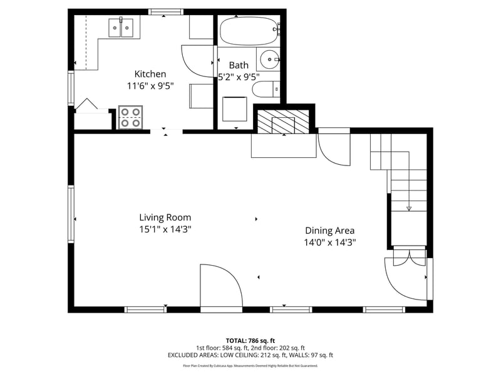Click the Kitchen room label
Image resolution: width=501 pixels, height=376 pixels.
click(150, 74)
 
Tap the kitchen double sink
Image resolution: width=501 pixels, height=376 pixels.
click(121, 27)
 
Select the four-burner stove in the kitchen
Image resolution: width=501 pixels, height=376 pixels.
click(131, 118)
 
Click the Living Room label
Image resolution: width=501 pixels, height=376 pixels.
click(165, 217)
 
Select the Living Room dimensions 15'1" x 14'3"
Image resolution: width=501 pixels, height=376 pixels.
click(165, 229)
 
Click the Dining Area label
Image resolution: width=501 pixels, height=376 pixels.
click(330, 230)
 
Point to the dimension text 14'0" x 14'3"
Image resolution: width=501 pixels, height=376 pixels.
click(330, 242)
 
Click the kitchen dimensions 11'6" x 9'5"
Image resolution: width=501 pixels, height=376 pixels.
click(150, 86)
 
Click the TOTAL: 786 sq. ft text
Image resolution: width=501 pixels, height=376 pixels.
click(250, 340)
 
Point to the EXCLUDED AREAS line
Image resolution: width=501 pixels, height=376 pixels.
click(250, 355)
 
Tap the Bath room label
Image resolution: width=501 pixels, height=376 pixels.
click(239, 65)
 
